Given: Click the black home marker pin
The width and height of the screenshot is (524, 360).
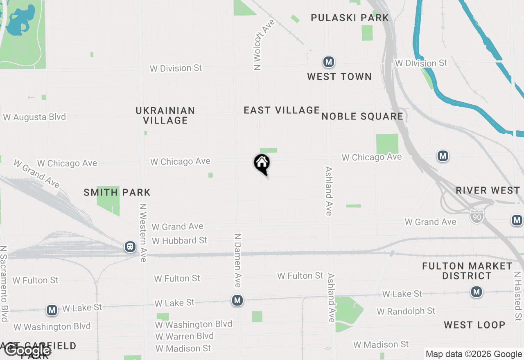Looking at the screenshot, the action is pos(262,164).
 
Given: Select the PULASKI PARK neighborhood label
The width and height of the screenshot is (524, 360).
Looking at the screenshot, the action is pos(350,18).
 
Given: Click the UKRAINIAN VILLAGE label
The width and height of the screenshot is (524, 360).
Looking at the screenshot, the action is pos(165,115).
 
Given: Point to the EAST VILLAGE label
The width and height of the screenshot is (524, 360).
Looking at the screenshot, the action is pos(282,110).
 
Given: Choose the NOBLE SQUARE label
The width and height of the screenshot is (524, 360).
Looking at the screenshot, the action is pos(362,117).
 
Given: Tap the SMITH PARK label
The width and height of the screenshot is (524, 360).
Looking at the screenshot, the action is pos(117,192).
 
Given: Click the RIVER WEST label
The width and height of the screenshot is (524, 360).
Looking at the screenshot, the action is pos(488,191).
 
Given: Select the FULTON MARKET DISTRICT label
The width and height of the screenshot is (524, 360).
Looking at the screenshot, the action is pos(467,271).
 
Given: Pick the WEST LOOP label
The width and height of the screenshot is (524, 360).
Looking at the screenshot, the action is pos(474,325).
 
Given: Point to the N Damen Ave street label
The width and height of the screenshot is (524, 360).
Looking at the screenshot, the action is pos(237,260).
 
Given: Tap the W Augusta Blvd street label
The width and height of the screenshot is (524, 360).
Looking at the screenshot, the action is pos(34,117).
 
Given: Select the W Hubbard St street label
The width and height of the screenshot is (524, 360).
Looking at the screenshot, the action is pos(179,241).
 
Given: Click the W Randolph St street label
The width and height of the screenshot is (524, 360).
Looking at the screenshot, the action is pos(406,311).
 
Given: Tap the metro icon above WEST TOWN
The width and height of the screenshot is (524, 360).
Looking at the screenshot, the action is pos(328,62).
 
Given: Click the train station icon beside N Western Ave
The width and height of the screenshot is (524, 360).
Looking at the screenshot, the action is pos(130,247).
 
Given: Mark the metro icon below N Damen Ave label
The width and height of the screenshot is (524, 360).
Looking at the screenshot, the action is pos(237,301).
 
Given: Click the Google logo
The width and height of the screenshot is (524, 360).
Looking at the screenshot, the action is pos(28,350).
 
